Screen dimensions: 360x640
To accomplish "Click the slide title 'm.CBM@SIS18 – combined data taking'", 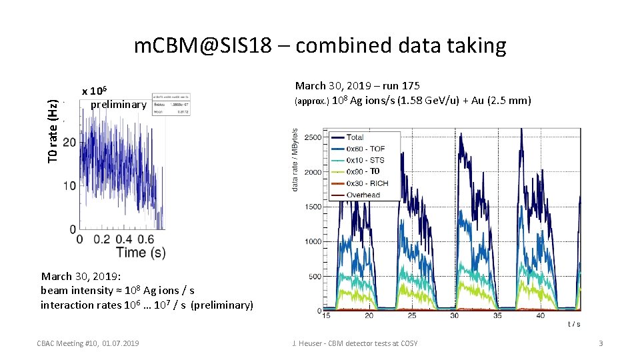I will click(x=320, y=45).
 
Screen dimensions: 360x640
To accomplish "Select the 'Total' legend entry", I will click(x=355, y=137).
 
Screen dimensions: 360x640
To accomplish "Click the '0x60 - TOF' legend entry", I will click(x=365, y=149).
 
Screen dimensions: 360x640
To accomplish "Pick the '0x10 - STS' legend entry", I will click(x=365, y=160).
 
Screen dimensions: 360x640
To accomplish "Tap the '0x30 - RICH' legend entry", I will click(x=367, y=183).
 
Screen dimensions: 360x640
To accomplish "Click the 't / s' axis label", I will click(x=573, y=325).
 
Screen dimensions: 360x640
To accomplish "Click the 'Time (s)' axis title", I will click(x=141, y=252).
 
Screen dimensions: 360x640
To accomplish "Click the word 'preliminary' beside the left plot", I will click(x=118, y=104).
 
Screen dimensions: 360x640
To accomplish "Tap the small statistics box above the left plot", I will click(x=171, y=104).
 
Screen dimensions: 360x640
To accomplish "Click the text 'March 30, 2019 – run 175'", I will click(x=357, y=85).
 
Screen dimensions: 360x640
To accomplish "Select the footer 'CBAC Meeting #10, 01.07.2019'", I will click(x=88, y=343).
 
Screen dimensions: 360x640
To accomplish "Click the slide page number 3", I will click(x=600, y=343).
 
